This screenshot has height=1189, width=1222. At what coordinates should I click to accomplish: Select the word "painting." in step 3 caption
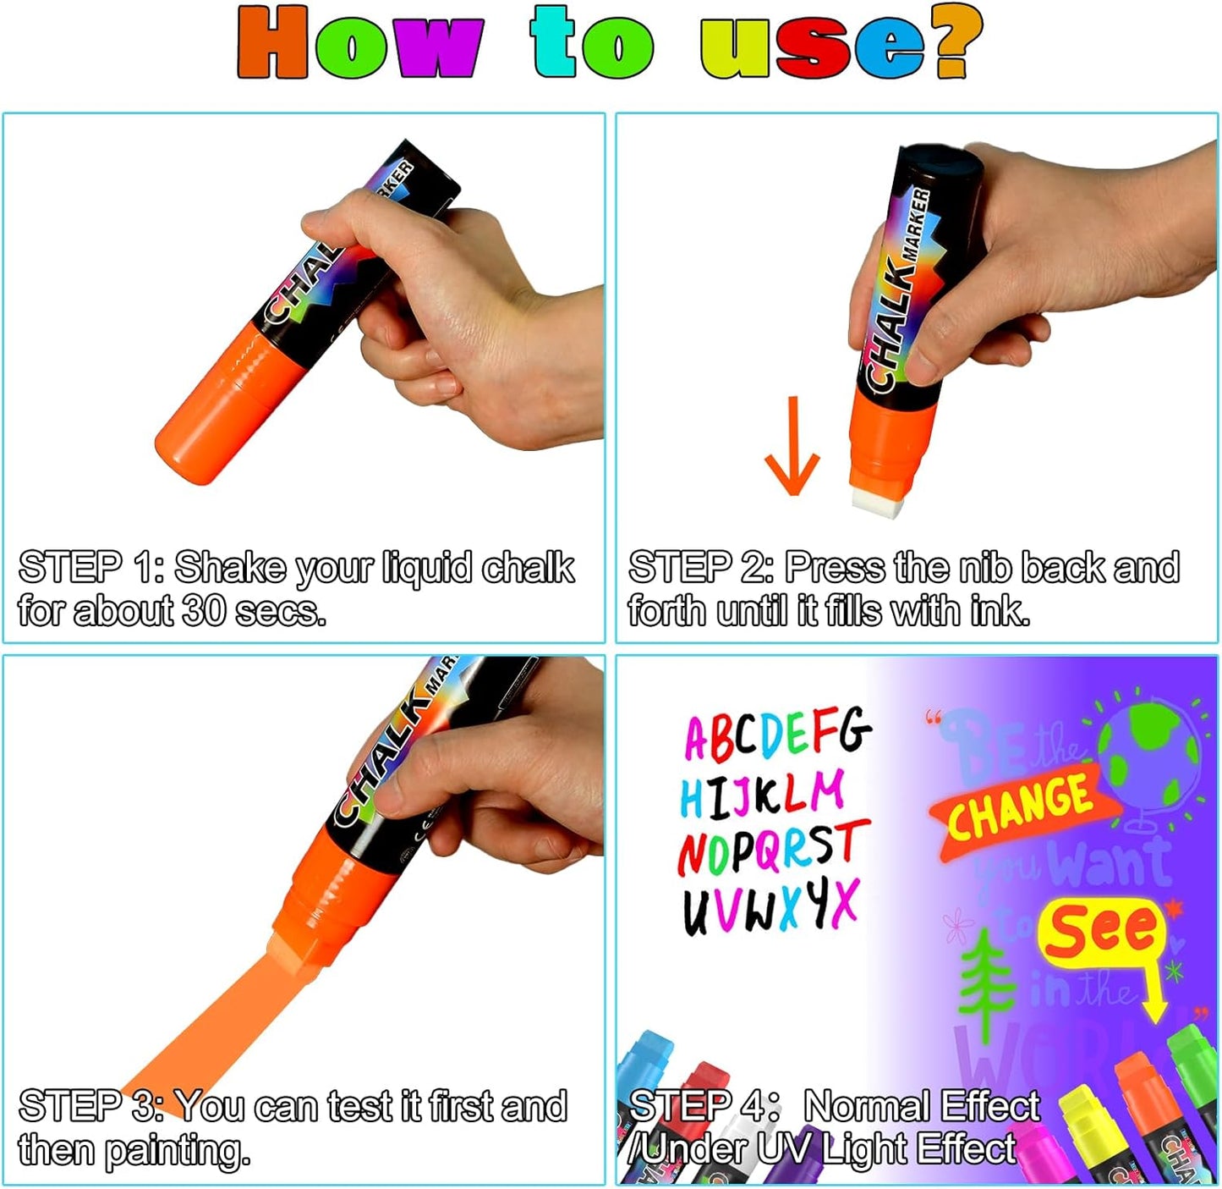point(178,1151)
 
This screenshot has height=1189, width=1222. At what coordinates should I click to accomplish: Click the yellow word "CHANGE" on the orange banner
point(1018,808)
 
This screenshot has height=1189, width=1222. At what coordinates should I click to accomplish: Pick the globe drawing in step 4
point(1151,753)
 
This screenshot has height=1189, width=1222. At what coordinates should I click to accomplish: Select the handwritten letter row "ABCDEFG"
point(776,733)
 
